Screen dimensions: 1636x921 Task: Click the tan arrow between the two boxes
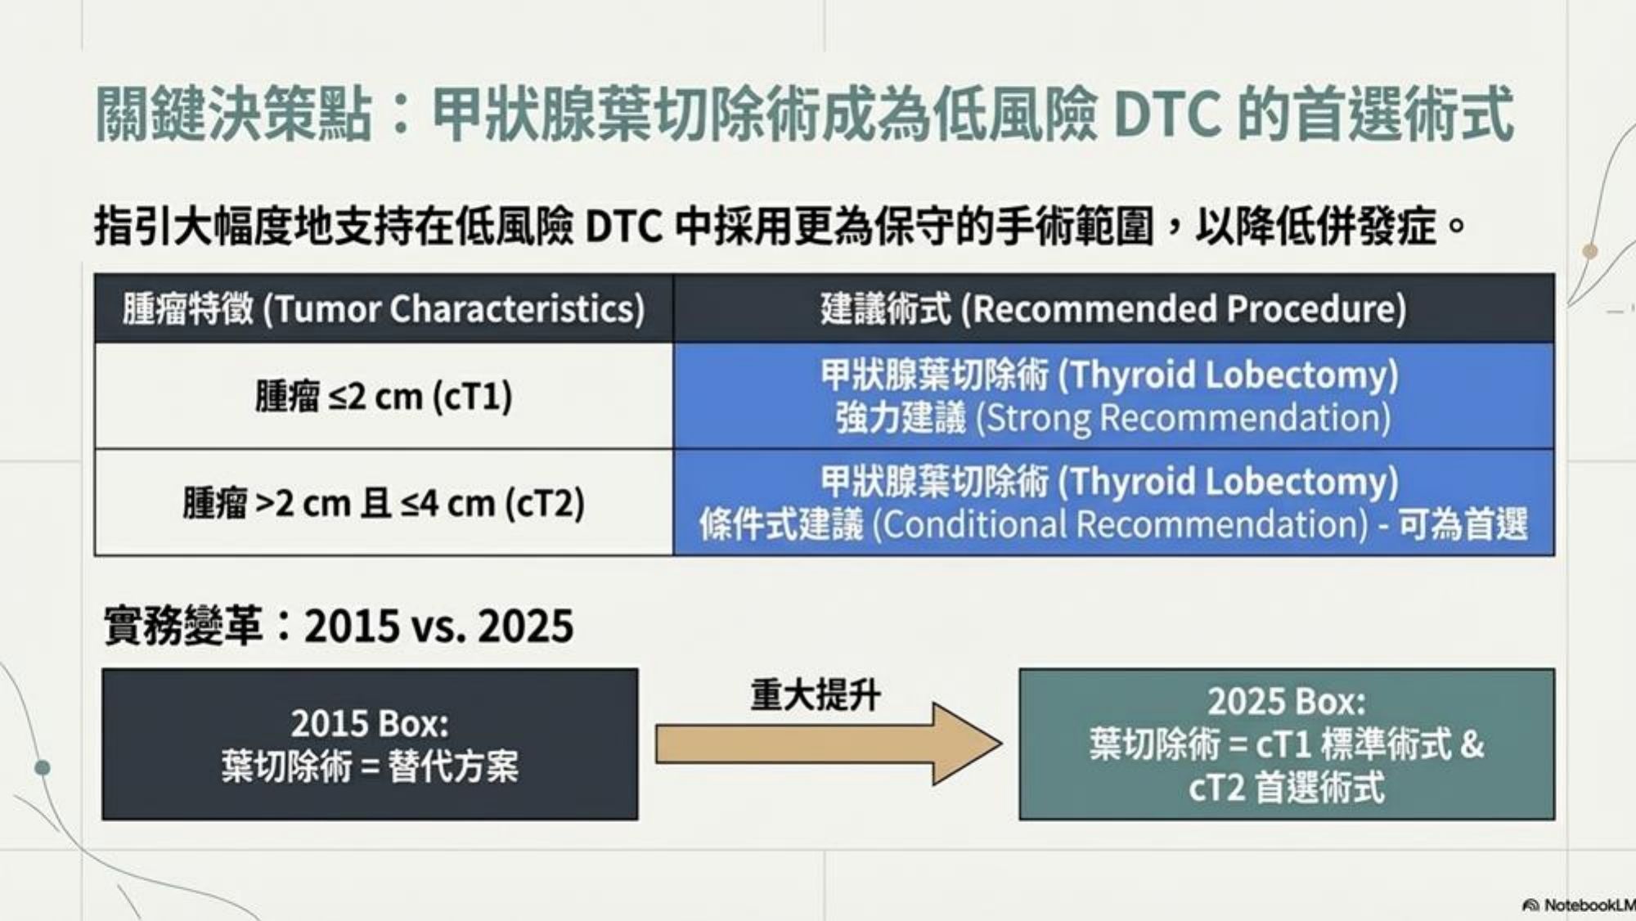[x=828, y=744]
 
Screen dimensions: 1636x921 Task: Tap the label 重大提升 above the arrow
[x=816, y=695]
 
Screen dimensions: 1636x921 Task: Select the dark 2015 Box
[x=370, y=744]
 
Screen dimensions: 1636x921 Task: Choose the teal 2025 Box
[x=1287, y=744]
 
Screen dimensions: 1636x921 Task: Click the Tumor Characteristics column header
[x=384, y=308]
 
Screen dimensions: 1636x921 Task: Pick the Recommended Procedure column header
[x=1114, y=308]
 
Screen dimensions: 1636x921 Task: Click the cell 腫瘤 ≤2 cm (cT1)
[x=384, y=396]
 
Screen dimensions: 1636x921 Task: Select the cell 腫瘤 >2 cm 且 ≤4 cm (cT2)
[x=384, y=502]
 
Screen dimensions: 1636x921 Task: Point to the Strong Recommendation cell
[x=1114, y=396]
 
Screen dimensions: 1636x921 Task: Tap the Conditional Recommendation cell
[x=1114, y=502]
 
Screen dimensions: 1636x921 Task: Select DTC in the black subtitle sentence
[x=623, y=227]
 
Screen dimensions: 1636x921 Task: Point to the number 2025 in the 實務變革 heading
[x=525, y=627]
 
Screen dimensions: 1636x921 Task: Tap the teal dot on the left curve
[x=43, y=767]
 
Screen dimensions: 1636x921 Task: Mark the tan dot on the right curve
[x=1590, y=251]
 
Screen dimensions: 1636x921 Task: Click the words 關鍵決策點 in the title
[x=234, y=114]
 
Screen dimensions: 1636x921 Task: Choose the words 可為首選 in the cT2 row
[x=1463, y=524]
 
